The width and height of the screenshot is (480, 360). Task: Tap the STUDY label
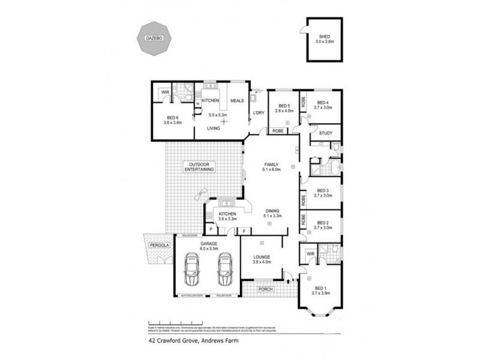326,133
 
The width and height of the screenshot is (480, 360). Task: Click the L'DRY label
259,113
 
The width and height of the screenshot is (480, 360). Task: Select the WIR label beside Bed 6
164,92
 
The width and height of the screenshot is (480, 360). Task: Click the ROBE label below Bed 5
278,130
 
